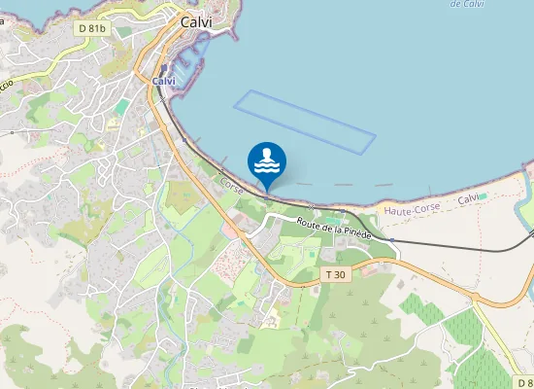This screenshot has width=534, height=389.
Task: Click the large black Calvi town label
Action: tap(197, 20)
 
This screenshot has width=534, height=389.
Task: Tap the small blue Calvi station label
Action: tap(164, 82)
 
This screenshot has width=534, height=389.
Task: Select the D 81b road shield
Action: tap(95, 28)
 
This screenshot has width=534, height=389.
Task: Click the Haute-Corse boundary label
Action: tap(412, 208)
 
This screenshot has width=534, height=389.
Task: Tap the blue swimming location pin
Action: tap(267, 163)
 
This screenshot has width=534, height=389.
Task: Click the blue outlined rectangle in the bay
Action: tap(304, 121)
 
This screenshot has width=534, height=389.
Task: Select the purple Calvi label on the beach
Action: tap(469, 198)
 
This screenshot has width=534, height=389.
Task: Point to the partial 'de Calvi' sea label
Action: tap(468, 4)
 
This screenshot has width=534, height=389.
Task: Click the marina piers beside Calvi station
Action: tap(194, 68)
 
